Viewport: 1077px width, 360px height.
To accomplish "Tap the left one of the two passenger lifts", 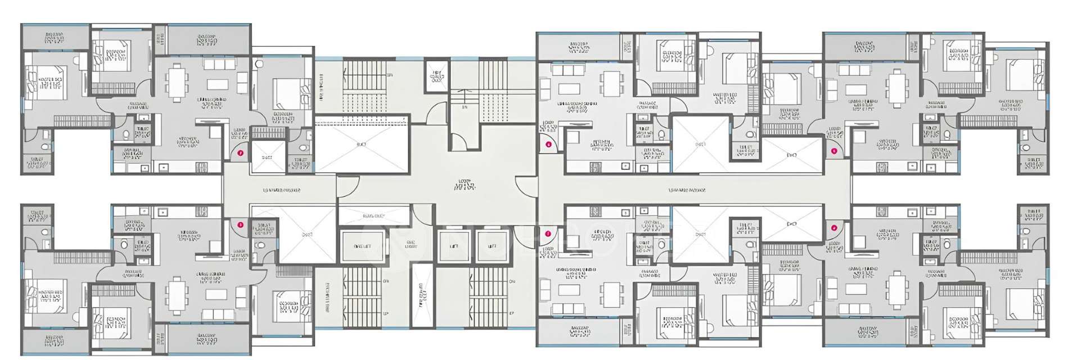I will coord(453,246).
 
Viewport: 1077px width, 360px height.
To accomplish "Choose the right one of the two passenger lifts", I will coord(492,246).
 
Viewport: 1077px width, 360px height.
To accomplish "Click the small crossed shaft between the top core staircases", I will coord(437,76).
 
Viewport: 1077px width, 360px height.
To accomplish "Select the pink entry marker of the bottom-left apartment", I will coord(240,224).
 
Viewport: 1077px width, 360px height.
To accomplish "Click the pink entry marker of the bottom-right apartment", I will coord(834,228).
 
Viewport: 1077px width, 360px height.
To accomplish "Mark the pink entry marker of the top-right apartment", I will coord(834,151).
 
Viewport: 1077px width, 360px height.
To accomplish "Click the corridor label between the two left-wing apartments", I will coord(281,190).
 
